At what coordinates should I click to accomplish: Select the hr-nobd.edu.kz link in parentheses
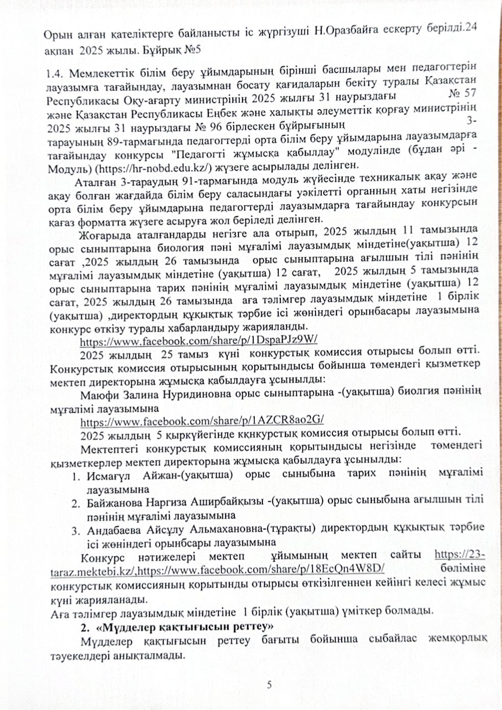coord(156,167)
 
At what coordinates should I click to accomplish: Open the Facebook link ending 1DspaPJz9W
coord(199,340)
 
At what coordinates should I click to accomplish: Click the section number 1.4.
coord(53,68)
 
